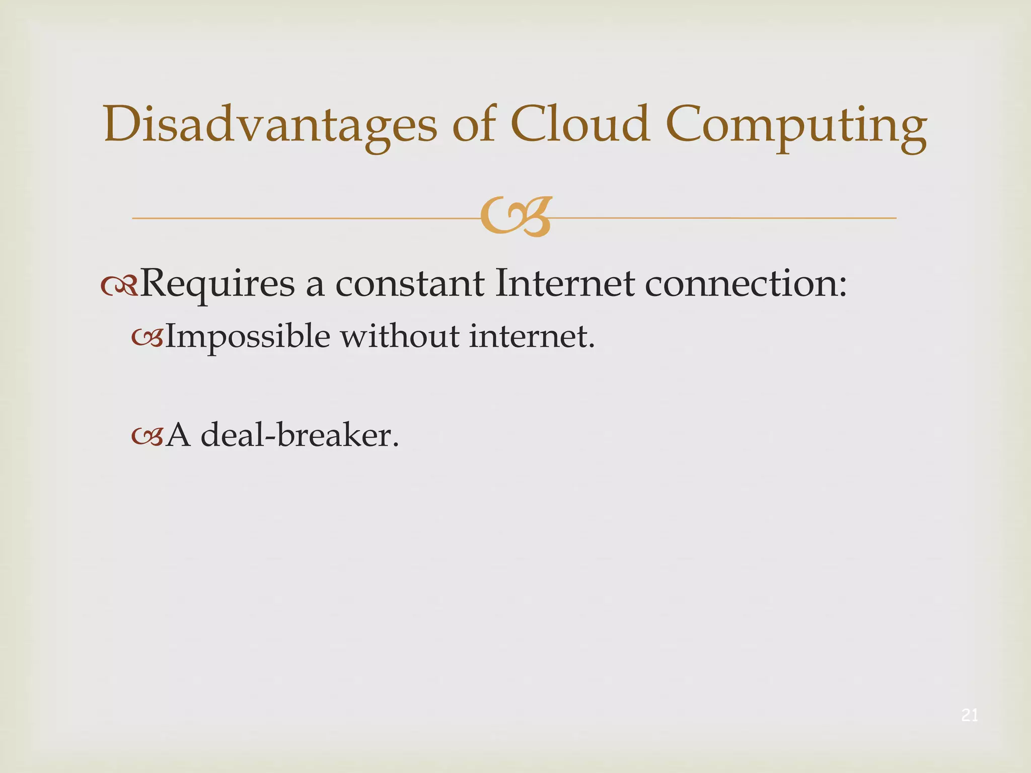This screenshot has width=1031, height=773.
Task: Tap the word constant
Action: point(410,284)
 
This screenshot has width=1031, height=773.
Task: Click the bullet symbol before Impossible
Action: point(147,338)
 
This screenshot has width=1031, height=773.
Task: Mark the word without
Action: point(400,336)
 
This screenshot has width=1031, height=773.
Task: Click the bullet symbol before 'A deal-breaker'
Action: point(147,436)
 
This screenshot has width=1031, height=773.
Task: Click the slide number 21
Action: point(970,715)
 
